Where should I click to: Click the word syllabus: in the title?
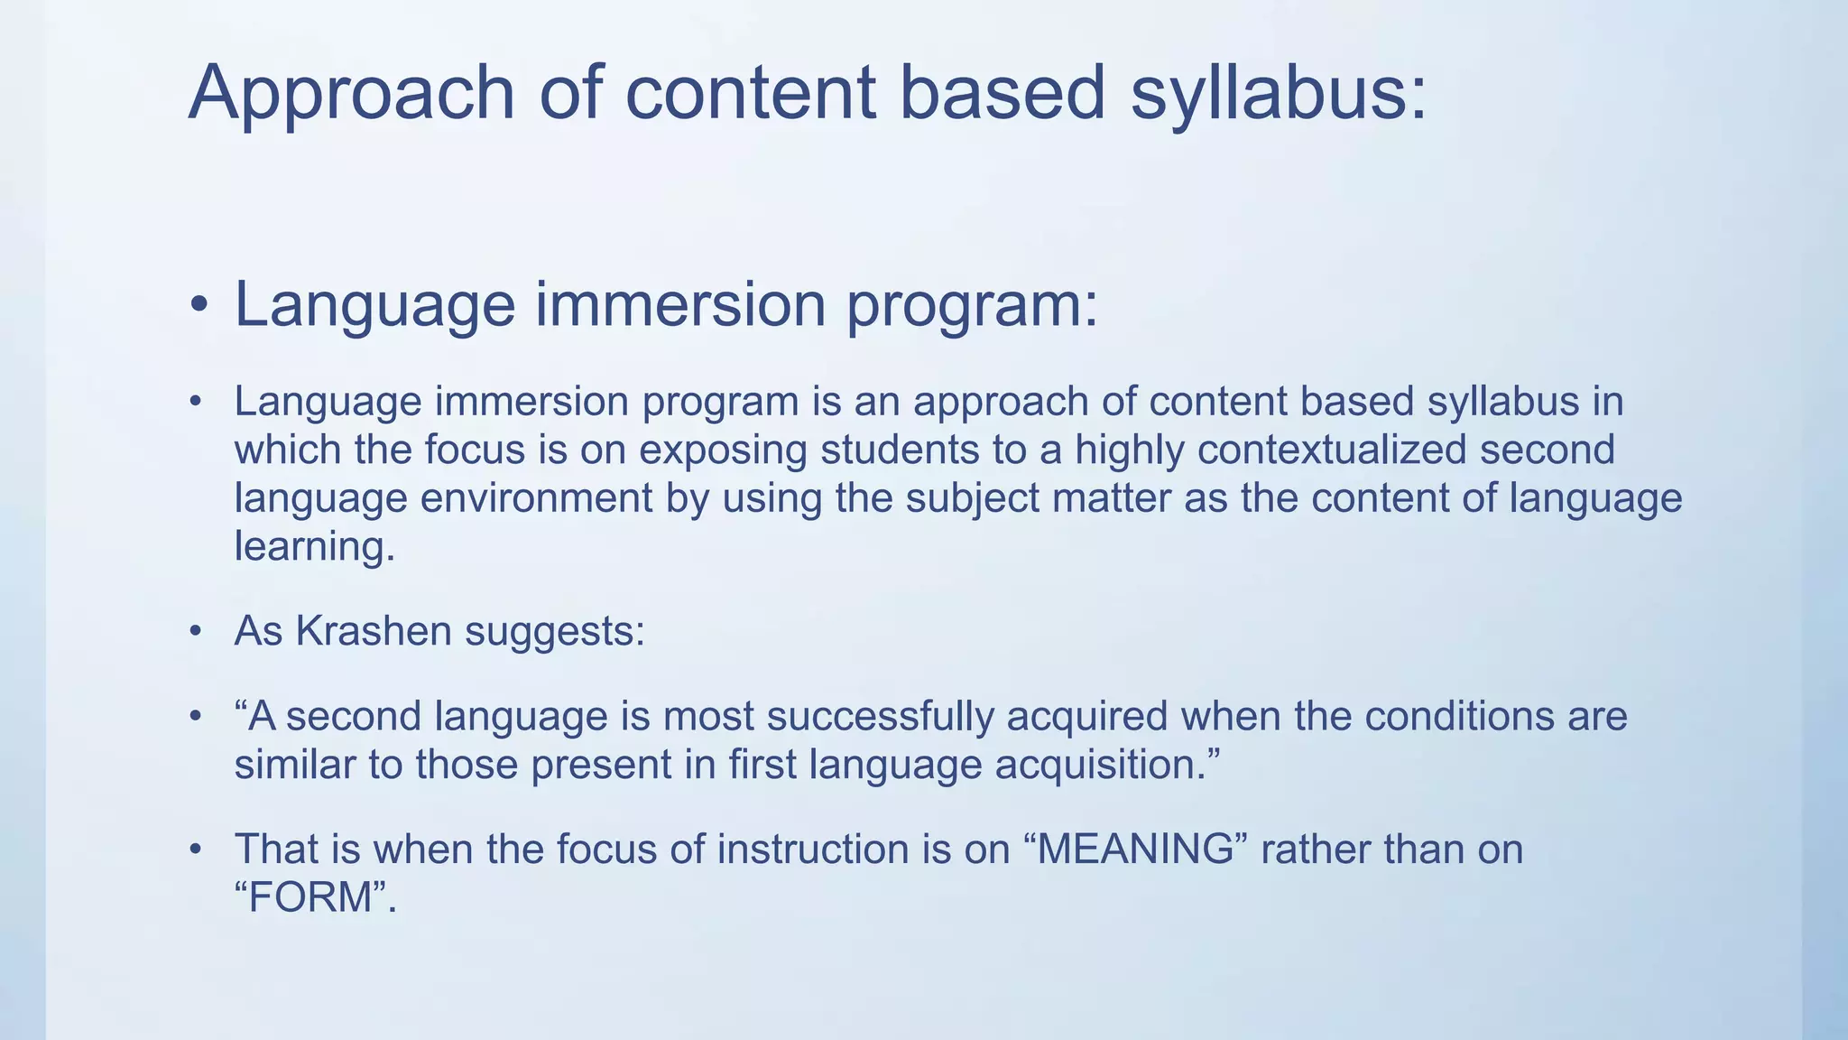1279,94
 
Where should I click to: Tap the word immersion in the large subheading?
681,305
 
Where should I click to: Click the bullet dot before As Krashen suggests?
194,633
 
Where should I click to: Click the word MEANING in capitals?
1135,850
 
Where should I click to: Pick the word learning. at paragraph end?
315,547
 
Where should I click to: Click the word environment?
537,498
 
